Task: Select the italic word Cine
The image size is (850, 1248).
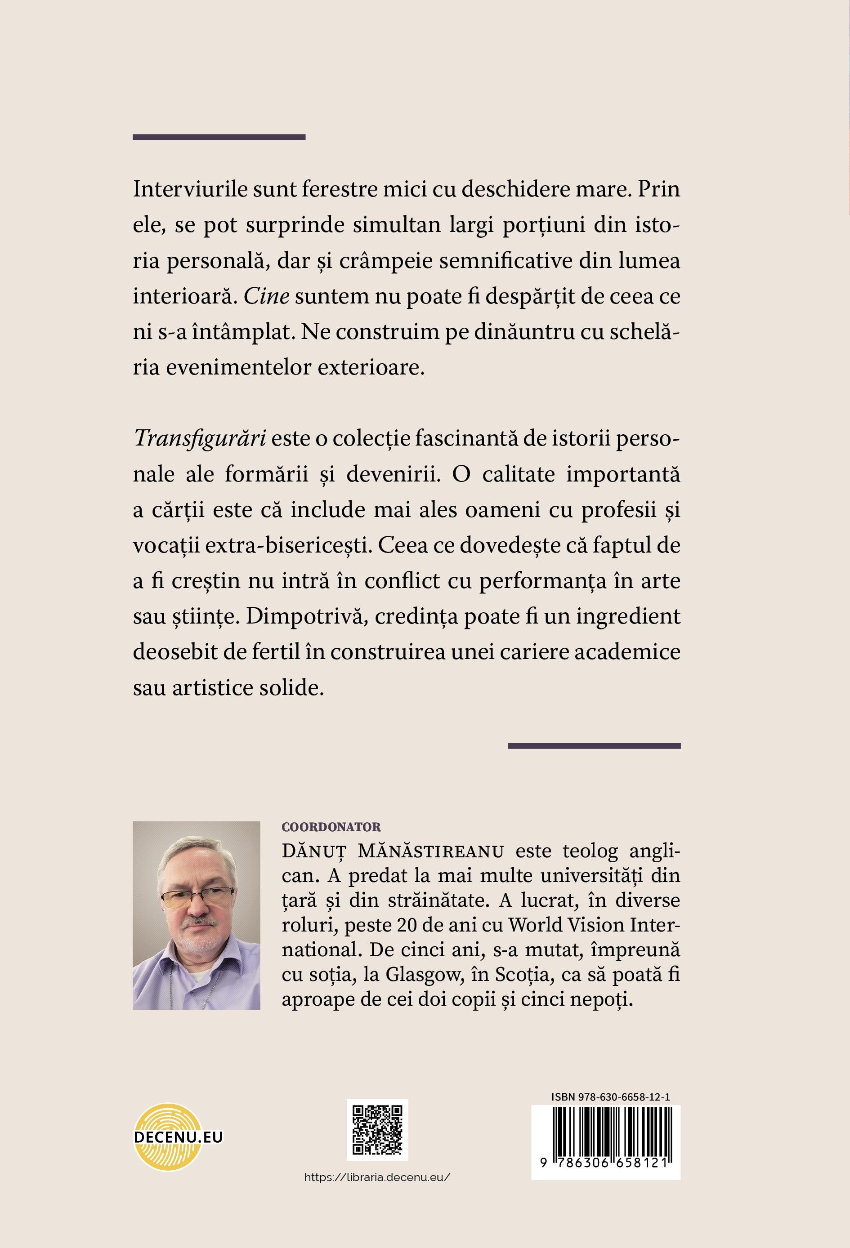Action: point(267,296)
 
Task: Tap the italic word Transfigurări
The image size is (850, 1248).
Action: point(200,439)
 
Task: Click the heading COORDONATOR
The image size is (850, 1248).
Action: point(331,828)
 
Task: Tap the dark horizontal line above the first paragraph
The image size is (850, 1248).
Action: point(219,137)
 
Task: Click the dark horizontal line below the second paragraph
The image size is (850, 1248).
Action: point(594,745)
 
